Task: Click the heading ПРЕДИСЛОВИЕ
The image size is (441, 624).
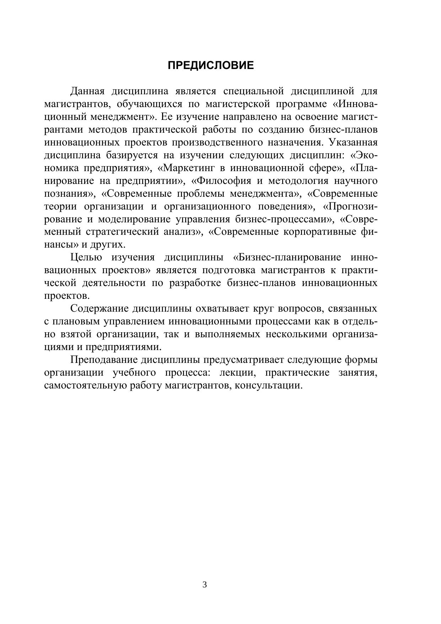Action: [x=211, y=66]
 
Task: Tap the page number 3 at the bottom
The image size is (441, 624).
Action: [x=204, y=585]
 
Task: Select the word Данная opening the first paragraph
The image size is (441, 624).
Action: [x=87, y=91]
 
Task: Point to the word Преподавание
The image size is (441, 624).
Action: [x=103, y=360]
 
